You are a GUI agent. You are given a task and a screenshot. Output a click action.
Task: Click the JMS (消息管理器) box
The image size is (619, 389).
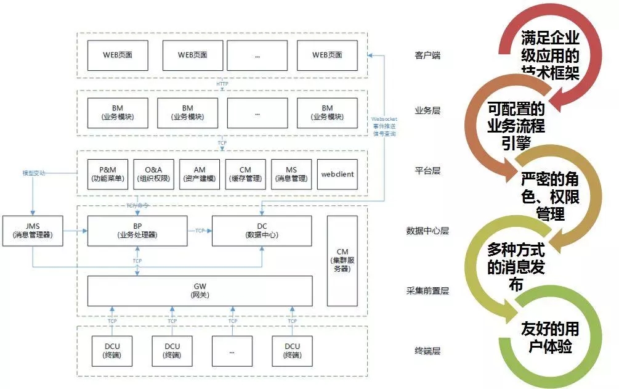point(33,231)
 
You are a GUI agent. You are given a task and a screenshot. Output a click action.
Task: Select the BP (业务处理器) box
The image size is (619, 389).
point(137,231)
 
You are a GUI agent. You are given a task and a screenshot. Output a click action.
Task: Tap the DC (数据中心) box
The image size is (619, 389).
point(262,231)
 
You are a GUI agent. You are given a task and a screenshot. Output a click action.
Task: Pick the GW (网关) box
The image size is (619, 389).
point(200,291)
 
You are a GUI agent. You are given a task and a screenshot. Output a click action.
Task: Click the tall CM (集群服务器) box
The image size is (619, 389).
point(342,261)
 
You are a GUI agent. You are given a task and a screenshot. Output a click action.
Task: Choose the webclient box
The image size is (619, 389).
point(337,174)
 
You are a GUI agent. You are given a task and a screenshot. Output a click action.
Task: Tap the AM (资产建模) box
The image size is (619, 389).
point(200,174)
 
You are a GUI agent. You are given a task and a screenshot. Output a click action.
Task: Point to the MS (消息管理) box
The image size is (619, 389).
point(291,174)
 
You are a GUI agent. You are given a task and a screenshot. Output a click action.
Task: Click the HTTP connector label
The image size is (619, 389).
point(222,84)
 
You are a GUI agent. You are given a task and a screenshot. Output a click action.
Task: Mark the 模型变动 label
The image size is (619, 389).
point(34,173)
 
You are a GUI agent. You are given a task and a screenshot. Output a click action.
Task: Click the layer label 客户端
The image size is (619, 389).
point(427,55)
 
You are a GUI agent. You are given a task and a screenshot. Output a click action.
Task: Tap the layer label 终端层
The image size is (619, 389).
point(427,351)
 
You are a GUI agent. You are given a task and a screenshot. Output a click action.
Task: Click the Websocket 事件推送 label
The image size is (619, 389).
point(384,123)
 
